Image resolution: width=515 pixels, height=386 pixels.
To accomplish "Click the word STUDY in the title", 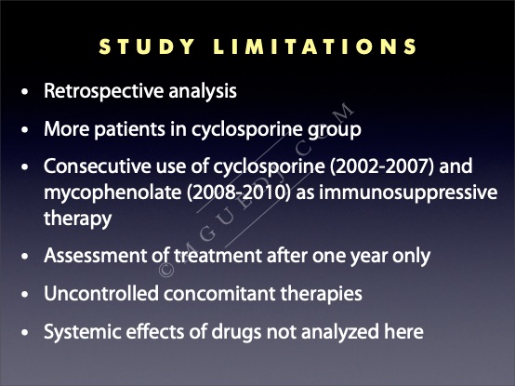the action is pos(147,47).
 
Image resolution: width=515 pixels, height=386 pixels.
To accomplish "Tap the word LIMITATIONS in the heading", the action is pos(315,47).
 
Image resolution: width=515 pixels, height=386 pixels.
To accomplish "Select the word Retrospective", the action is pos(103,92).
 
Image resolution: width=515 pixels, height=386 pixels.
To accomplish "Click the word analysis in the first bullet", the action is pos(203,92).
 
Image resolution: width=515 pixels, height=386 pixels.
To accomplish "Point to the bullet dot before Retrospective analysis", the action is pos(24,92).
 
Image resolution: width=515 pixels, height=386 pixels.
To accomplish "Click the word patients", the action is pos(129,128).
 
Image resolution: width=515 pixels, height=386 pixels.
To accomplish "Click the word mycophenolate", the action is pos(112,193).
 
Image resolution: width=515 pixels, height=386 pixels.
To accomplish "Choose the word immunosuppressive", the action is pos(408,193).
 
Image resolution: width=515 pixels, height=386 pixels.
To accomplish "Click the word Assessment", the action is pos(95,256).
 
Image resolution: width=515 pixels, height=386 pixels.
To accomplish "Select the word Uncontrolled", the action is pos(101,293).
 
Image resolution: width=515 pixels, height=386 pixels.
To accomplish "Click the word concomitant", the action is pos(219,293).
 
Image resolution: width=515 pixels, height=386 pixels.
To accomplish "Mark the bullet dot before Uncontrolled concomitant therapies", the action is pos(24,294).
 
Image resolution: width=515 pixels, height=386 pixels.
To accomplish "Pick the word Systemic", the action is pos(82,332).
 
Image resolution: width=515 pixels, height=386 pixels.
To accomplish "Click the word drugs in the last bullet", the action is pos(236,332).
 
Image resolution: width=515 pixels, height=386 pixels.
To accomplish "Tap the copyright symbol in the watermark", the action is pos(166,270).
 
